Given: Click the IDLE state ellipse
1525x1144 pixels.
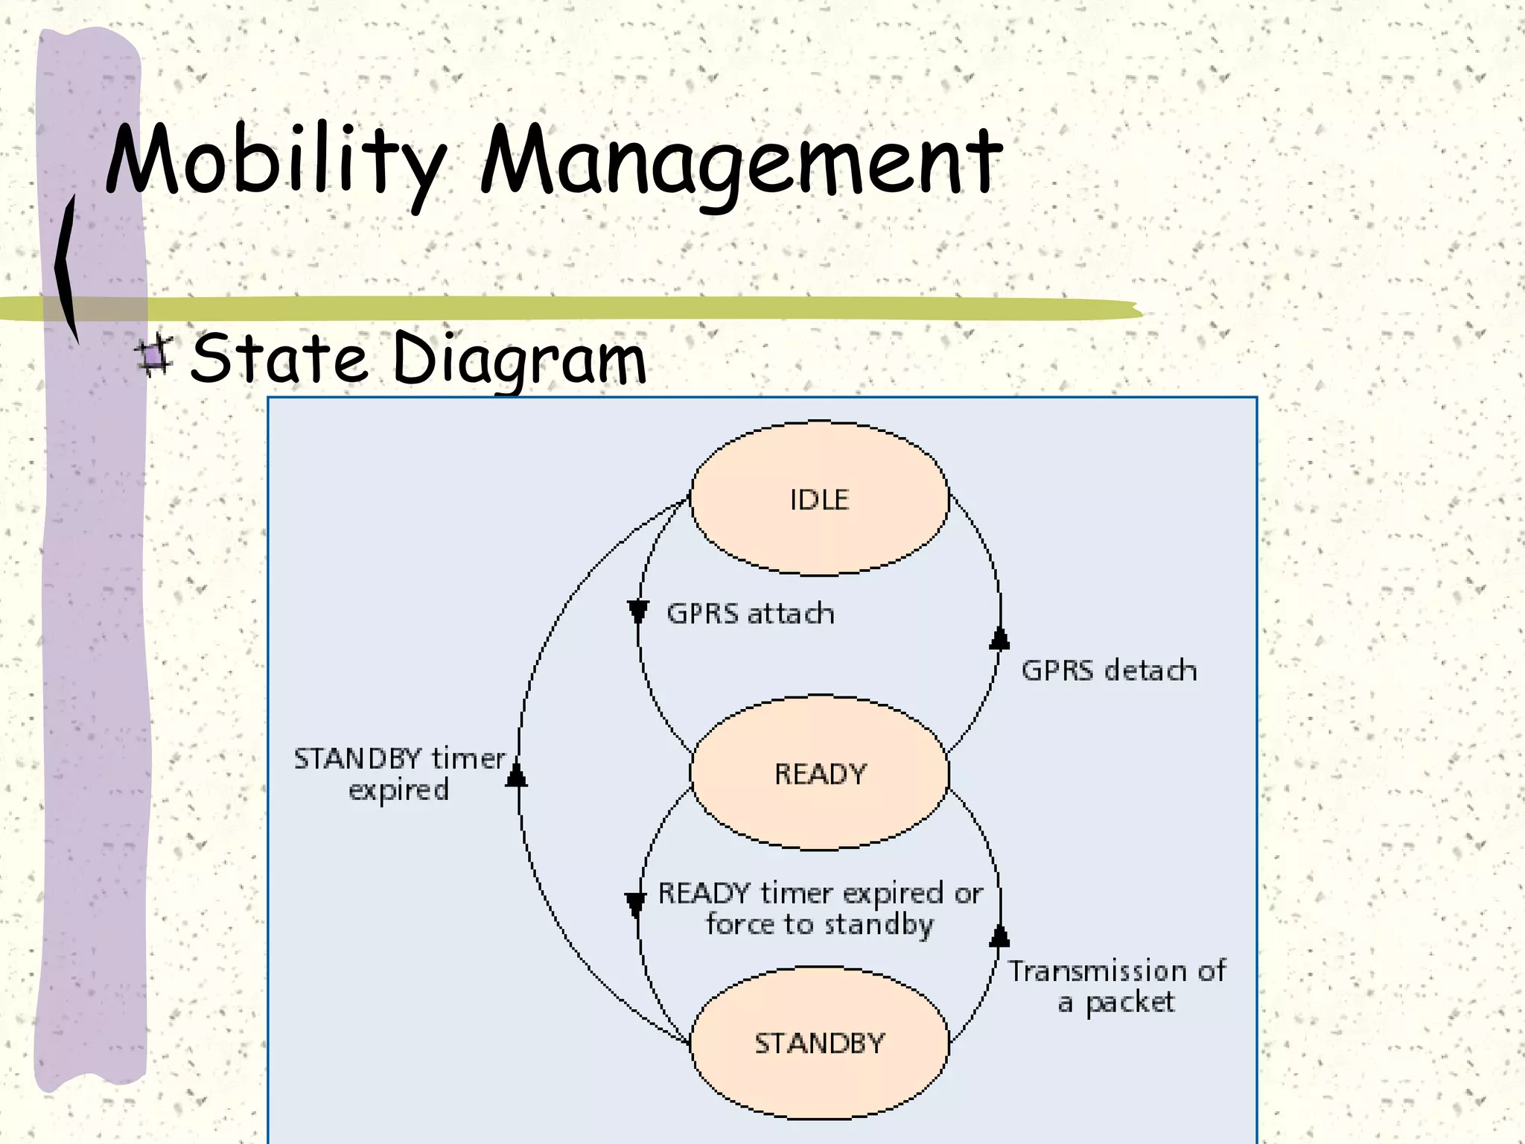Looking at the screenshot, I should pyautogui.click(x=819, y=499).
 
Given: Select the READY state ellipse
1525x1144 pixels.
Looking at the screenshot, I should pyautogui.click(x=819, y=773).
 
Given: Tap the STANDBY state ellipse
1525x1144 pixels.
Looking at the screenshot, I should pyautogui.click(x=819, y=1043).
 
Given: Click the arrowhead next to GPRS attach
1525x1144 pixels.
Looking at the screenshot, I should pyautogui.click(x=637, y=611).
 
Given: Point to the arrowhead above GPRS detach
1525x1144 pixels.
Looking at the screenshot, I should pyautogui.click(x=999, y=639).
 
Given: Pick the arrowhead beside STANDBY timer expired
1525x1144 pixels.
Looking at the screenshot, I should pyautogui.click(x=516, y=775).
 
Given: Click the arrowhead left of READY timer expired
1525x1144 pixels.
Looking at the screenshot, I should pyautogui.click(x=634, y=904).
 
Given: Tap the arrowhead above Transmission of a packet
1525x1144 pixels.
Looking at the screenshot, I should pyautogui.click(x=999, y=935).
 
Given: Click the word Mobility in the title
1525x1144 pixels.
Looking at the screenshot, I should pyautogui.click(x=276, y=160).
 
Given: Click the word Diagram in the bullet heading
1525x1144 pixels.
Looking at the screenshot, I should pyautogui.click(x=519, y=359).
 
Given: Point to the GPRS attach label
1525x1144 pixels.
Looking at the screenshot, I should pyautogui.click(x=750, y=614).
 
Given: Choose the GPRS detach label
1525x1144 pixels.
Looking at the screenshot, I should pyautogui.click(x=1109, y=670).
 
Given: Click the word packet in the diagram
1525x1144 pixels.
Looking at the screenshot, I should pyautogui.click(x=1130, y=1003).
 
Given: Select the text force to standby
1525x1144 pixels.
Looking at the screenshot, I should pyautogui.click(x=819, y=924).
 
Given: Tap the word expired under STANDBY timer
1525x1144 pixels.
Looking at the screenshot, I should pyautogui.click(x=398, y=789).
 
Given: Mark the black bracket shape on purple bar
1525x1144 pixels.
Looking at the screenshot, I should pyautogui.click(x=67, y=268).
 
